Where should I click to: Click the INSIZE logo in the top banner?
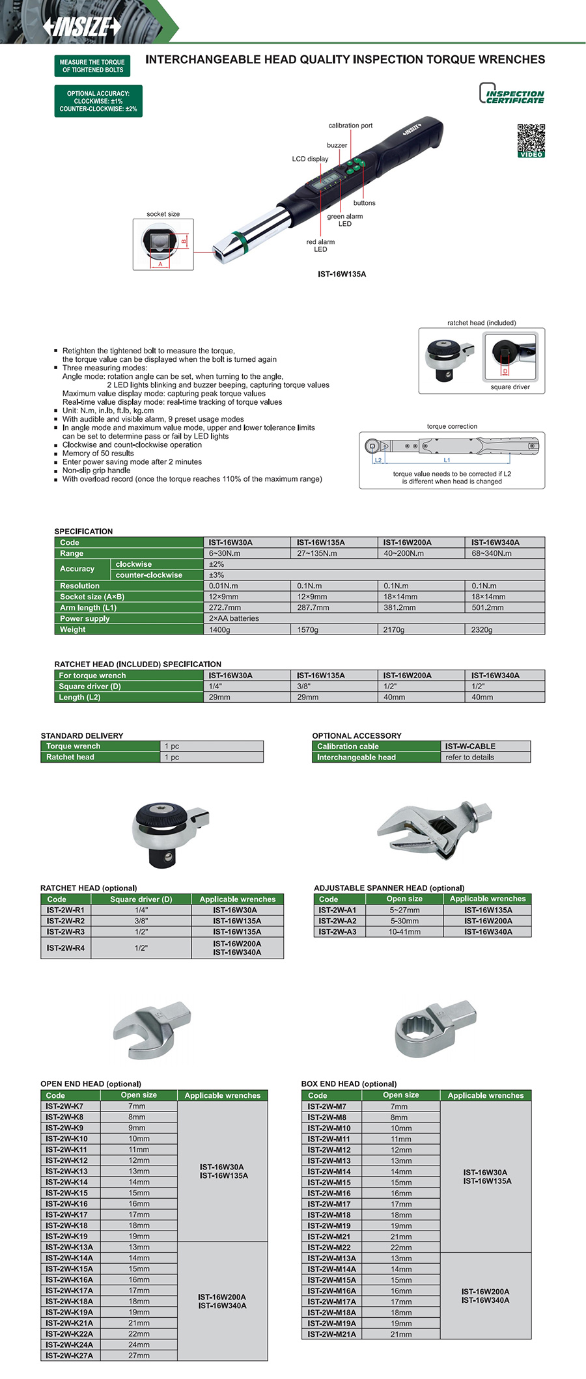pyautogui.click(x=81, y=27)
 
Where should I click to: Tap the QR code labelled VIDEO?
pyautogui.click(x=531, y=140)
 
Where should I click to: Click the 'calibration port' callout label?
pyautogui.click(x=350, y=126)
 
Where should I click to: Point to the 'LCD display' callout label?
pyautogui.click(x=310, y=159)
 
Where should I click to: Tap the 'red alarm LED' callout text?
pyautogui.click(x=320, y=245)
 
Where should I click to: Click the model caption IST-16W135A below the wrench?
pyautogui.click(x=342, y=274)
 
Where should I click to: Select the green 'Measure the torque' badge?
pyautogui.click(x=92, y=66)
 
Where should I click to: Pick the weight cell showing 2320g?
pyautogui.click(x=482, y=629)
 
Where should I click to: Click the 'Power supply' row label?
pyautogui.click(x=85, y=618)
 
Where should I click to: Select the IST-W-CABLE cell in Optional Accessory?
pyautogui.click(x=470, y=746)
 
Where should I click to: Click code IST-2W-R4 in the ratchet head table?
pyautogui.click(x=65, y=948)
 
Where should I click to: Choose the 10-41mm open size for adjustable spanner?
pyautogui.click(x=404, y=932)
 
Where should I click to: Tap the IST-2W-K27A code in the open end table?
pyautogui.click(x=69, y=1356)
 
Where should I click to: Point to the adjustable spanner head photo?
pyautogui.click(x=435, y=830)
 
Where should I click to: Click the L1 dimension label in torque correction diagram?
pyautogui.click(x=447, y=460)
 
